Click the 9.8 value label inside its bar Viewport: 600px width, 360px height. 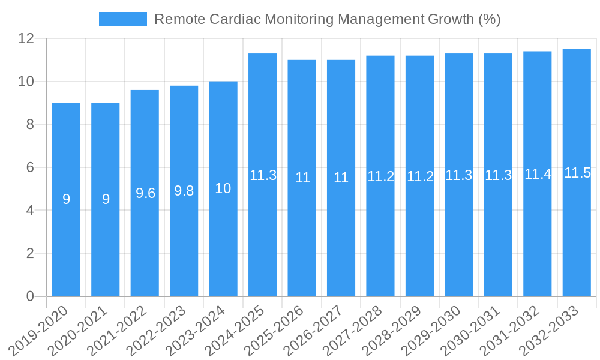click(184, 191)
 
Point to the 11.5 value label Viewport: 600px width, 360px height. click(577, 173)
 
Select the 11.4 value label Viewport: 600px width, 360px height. click(538, 174)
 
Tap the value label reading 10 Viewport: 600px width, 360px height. click(223, 188)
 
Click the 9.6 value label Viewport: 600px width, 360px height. click(145, 193)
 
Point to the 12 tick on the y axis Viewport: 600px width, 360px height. click(26, 38)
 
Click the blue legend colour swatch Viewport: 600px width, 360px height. click(123, 19)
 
